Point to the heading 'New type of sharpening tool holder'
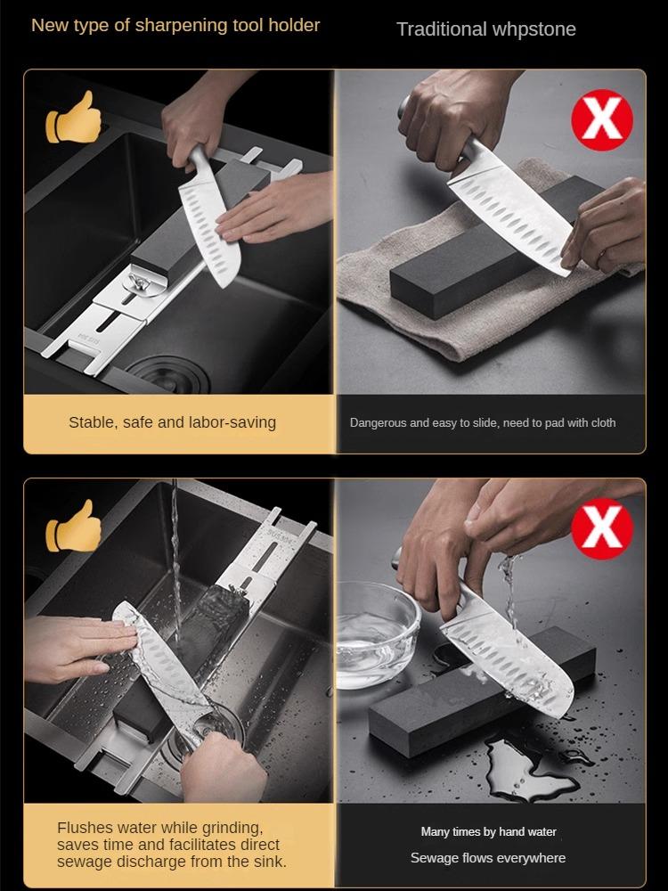(x=175, y=25)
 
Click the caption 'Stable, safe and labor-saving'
(x=172, y=422)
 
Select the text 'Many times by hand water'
(x=488, y=831)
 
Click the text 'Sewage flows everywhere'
(x=488, y=857)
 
